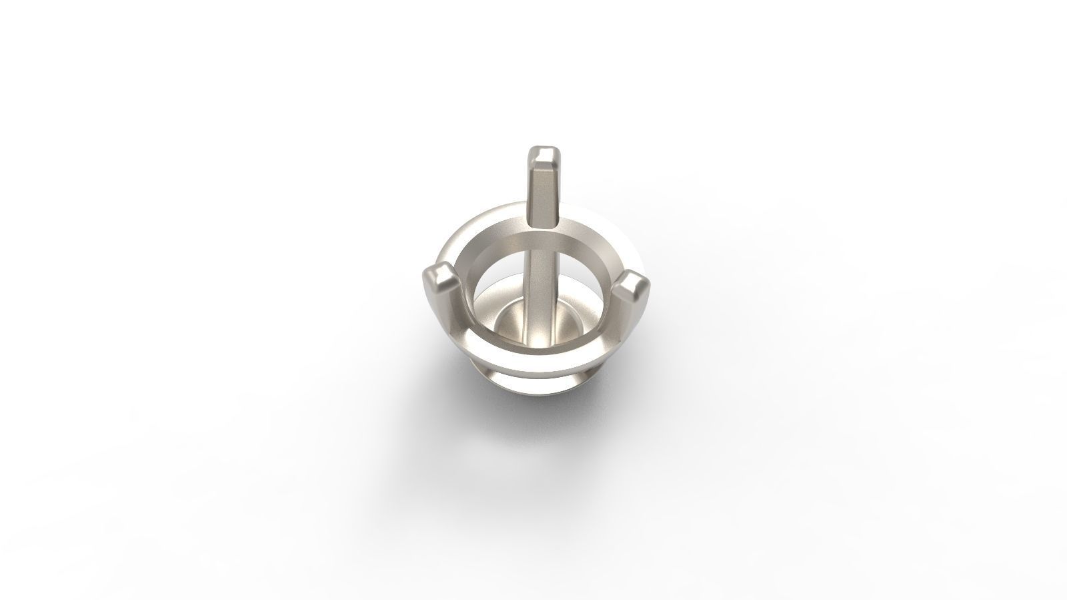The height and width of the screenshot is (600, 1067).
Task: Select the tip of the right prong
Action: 632,285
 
